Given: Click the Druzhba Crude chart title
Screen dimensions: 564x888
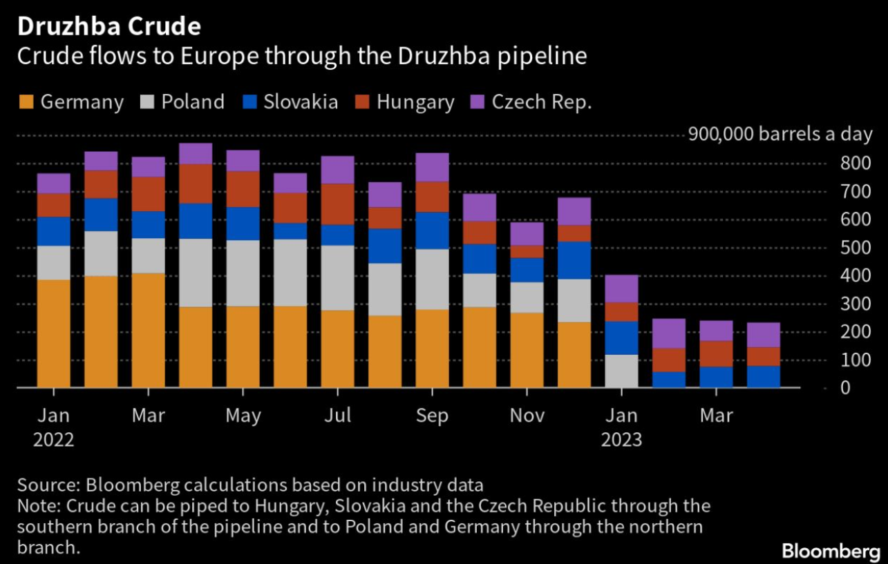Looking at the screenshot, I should (109, 26).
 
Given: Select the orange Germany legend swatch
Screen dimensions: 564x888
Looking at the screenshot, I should (25, 102).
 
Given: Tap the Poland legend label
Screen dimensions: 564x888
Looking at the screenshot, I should (193, 102).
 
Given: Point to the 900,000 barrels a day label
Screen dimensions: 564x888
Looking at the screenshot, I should (780, 134).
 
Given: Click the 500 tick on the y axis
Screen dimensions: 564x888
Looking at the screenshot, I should (851, 248).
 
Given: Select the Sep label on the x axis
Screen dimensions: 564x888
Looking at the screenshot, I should (433, 416).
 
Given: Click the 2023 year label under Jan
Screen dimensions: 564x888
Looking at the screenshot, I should (621, 440).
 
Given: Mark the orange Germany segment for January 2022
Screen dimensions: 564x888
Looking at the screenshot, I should (54, 333).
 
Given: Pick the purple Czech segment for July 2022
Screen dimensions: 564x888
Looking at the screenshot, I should (338, 170).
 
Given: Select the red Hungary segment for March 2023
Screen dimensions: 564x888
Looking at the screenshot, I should (716, 353).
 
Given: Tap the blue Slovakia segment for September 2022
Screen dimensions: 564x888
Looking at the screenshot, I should (433, 231).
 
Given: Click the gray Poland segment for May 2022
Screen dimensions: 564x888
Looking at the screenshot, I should (243, 273).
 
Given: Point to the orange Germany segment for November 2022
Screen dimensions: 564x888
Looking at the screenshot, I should (527, 350).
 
